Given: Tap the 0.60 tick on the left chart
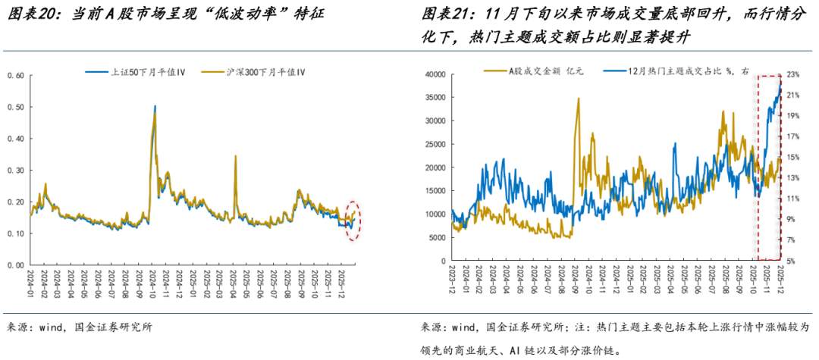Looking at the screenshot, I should click(16, 76).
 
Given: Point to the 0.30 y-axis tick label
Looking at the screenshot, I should click(16, 171).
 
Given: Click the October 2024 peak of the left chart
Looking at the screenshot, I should click(155, 108).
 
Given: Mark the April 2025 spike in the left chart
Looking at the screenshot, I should click(235, 156).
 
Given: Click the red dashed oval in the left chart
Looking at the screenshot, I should click(352, 220).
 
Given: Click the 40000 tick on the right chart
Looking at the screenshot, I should click(435, 74).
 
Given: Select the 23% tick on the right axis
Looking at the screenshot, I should click(792, 74).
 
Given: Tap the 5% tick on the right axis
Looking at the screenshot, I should click(790, 261).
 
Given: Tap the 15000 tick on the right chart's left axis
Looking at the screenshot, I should click(435, 191).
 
